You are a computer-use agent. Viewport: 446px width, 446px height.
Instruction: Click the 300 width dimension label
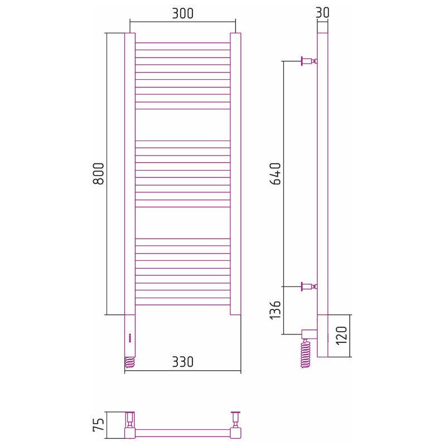tap(183, 13)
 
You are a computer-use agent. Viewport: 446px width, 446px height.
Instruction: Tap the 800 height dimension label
tap(99, 173)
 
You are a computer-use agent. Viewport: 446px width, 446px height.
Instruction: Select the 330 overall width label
tap(183, 362)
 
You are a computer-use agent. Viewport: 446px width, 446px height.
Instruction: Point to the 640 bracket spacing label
tap(275, 173)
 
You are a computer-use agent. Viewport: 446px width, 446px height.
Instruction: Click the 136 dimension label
tap(275, 309)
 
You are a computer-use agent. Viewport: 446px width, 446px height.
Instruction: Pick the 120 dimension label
tap(342, 336)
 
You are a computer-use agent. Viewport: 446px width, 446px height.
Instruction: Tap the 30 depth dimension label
tap(323, 12)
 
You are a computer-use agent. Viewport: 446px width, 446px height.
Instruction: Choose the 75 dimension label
tap(99, 425)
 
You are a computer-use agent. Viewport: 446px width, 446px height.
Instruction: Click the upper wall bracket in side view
tap(309, 61)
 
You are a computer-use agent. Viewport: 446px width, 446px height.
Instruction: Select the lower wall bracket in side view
tap(309, 287)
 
